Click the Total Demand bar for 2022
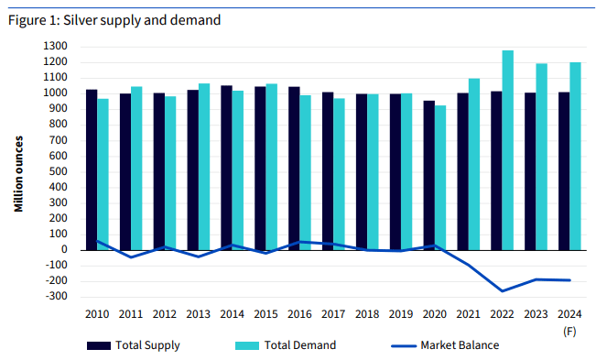[508, 149]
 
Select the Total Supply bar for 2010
[92, 169]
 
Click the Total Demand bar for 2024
[575, 156]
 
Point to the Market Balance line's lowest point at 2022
[503, 291]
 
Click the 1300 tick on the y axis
[59, 46]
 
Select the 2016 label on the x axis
[298, 314]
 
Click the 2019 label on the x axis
[400, 314]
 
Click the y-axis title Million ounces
[18, 174]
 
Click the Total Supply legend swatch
[98, 345]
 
